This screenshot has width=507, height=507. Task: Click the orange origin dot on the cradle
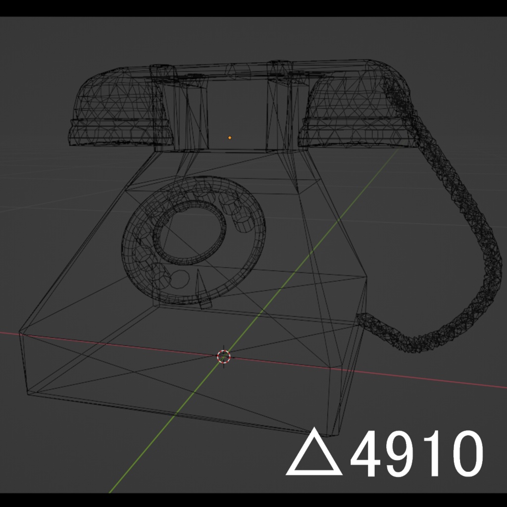tap(230, 137)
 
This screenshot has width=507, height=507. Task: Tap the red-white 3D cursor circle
tap(224, 356)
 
